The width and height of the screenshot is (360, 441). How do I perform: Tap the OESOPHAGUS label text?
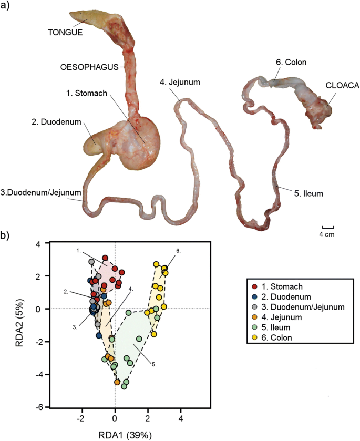pyautogui.click(x=92, y=67)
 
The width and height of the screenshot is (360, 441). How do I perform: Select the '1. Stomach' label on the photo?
pyautogui.click(x=87, y=94)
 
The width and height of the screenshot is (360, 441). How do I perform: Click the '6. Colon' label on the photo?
pyautogui.click(x=291, y=63)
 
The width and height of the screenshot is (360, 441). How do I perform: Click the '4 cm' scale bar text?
pyautogui.click(x=327, y=234)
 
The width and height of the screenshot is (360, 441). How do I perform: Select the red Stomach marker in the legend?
pyautogui.click(x=254, y=286)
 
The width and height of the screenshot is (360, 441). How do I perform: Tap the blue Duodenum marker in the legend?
pyautogui.click(x=254, y=297)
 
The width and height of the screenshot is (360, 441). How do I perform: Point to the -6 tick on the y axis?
pyautogui.click(x=39, y=407)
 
